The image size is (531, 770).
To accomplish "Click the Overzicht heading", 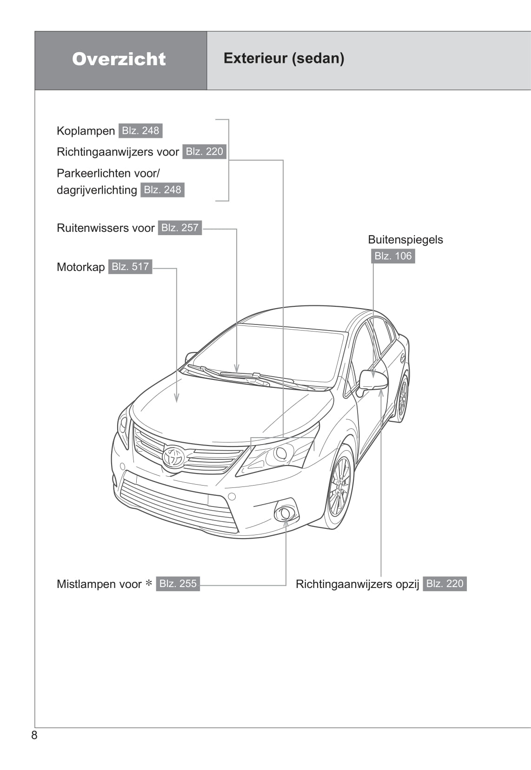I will point(119,59).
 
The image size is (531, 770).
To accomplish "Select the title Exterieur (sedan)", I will point(284,58).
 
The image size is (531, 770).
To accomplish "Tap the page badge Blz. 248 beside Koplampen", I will point(140,131).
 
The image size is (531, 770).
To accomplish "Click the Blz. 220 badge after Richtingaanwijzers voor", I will point(205,152).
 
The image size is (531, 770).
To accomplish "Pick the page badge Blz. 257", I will point(180,228).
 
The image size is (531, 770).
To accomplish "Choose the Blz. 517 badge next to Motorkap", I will point(130,267).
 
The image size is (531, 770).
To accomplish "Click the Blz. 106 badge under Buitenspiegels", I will point(393,256).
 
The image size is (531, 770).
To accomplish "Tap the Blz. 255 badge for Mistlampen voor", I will point(178,584).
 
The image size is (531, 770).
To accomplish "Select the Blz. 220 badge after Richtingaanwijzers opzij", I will point(445,584).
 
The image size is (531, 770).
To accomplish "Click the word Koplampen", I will point(86,131).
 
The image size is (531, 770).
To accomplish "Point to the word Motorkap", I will point(81,267).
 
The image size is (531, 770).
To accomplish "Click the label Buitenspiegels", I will point(405,240).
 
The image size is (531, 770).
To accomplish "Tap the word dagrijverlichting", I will point(97,190).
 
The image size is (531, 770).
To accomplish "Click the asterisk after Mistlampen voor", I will point(149,583).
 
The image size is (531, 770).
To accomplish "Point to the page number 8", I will point(34,735).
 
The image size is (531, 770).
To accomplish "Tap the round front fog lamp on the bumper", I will point(285,513).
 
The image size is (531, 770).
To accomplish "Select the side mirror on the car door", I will point(373,380).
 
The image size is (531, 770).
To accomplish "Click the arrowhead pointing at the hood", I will point(177,398).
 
